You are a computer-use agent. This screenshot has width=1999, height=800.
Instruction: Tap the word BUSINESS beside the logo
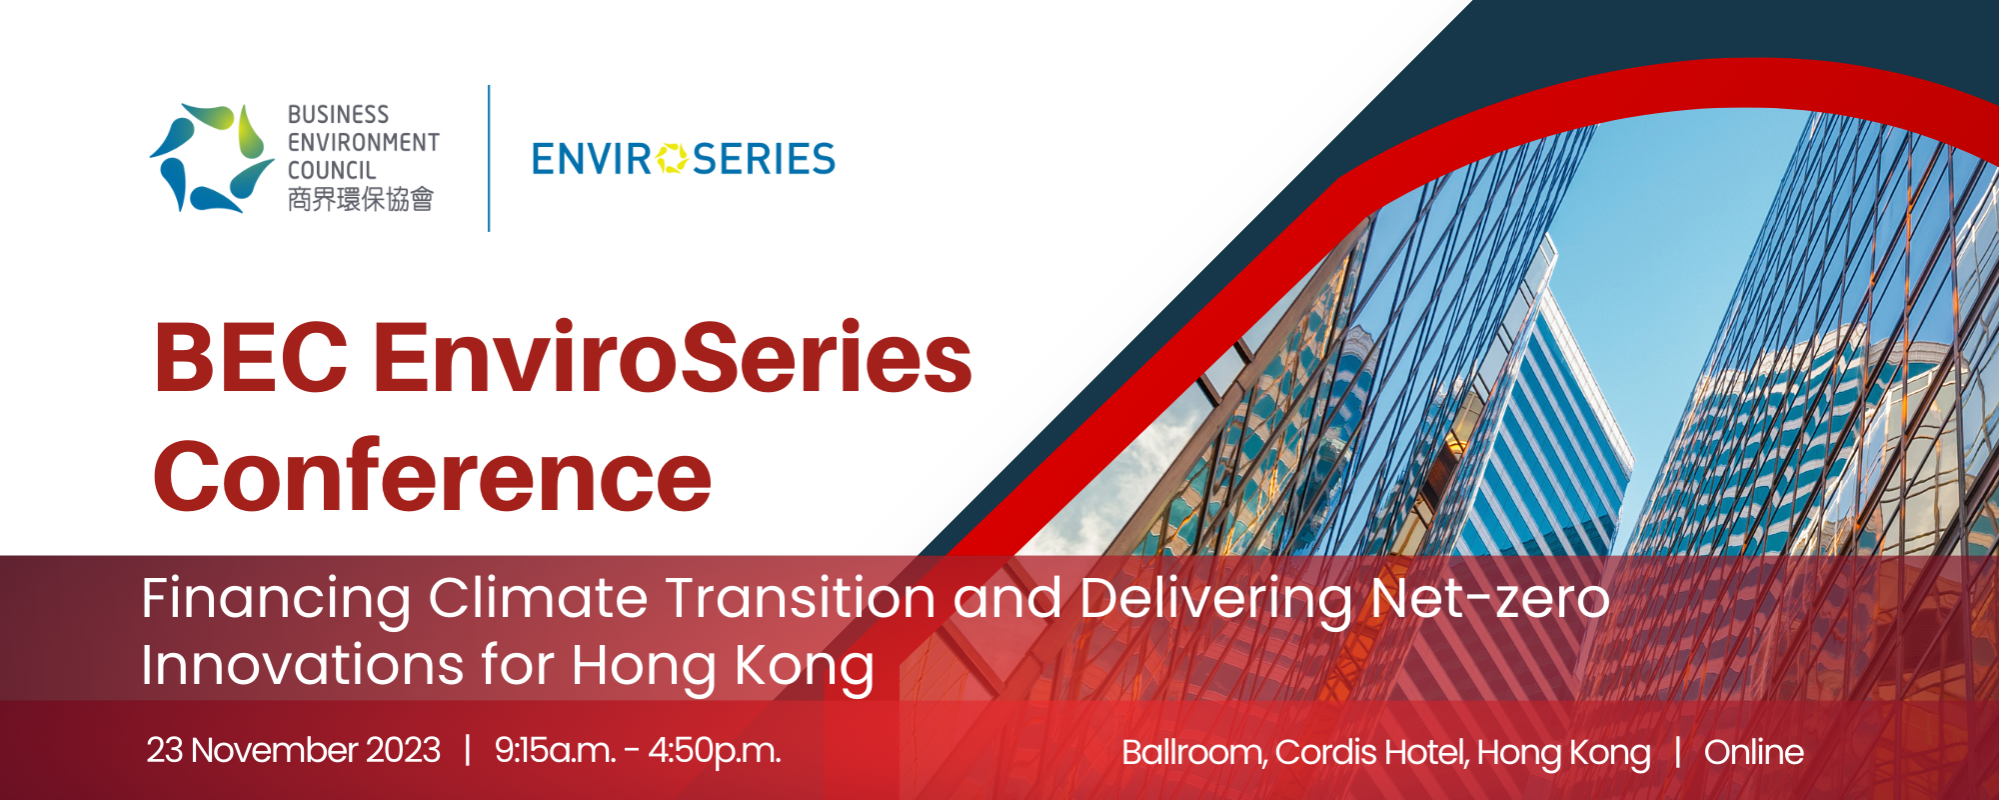(x=338, y=115)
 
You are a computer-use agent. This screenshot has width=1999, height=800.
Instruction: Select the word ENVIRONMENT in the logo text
(x=364, y=143)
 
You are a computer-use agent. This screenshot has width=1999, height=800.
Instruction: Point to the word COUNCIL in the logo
(x=332, y=171)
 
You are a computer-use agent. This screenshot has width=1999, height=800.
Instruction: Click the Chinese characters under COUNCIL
(x=361, y=200)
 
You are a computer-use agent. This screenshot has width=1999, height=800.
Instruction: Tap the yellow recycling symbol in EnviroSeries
(x=673, y=159)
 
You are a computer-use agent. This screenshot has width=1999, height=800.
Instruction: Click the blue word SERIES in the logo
(x=764, y=159)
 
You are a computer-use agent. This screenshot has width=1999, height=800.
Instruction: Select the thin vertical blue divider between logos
(x=489, y=158)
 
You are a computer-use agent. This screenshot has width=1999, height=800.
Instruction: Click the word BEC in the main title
(x=251, y=358)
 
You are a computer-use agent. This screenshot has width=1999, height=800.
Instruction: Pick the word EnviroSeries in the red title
(x=674, y=357)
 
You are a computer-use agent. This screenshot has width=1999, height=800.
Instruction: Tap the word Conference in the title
(x=433, y=476)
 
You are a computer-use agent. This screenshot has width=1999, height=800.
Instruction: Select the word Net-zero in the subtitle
(x=1490, y=598)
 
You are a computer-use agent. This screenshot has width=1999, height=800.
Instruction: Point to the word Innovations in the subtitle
(x=303, y=666)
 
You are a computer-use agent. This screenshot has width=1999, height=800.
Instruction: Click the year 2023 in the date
(x=403, y=750)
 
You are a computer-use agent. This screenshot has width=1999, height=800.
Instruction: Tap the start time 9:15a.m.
(x=555, y=751)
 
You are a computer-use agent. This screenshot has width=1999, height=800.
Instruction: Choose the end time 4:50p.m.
(x=715, y=751)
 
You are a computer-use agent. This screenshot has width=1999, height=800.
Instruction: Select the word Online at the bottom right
(x=1754, y=752)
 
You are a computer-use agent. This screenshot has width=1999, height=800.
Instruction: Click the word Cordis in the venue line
(x=1315, y=752)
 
